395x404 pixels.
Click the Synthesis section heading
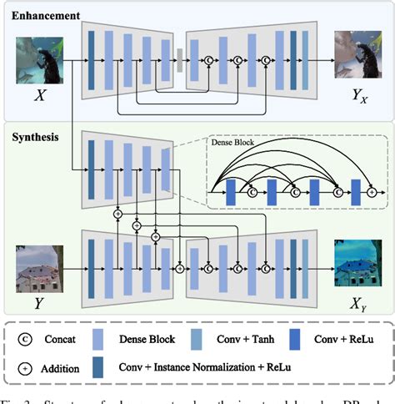point(34,132)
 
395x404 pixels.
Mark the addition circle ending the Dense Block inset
point(371,191)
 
